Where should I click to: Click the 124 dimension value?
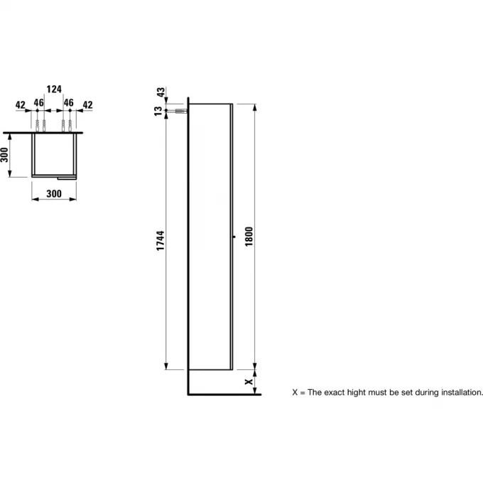tap(54, 89)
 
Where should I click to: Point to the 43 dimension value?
tap(161, 92)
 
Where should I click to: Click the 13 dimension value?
tap(161, 110)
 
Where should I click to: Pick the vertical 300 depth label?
tap(5, 155)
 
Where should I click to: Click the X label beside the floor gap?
tap(247, 381)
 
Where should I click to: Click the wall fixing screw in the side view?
tap(180, 112)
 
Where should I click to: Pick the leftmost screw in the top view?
tap(34, 126)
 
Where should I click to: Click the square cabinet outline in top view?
tap(54, 153)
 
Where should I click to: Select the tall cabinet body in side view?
tap(210, 237)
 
